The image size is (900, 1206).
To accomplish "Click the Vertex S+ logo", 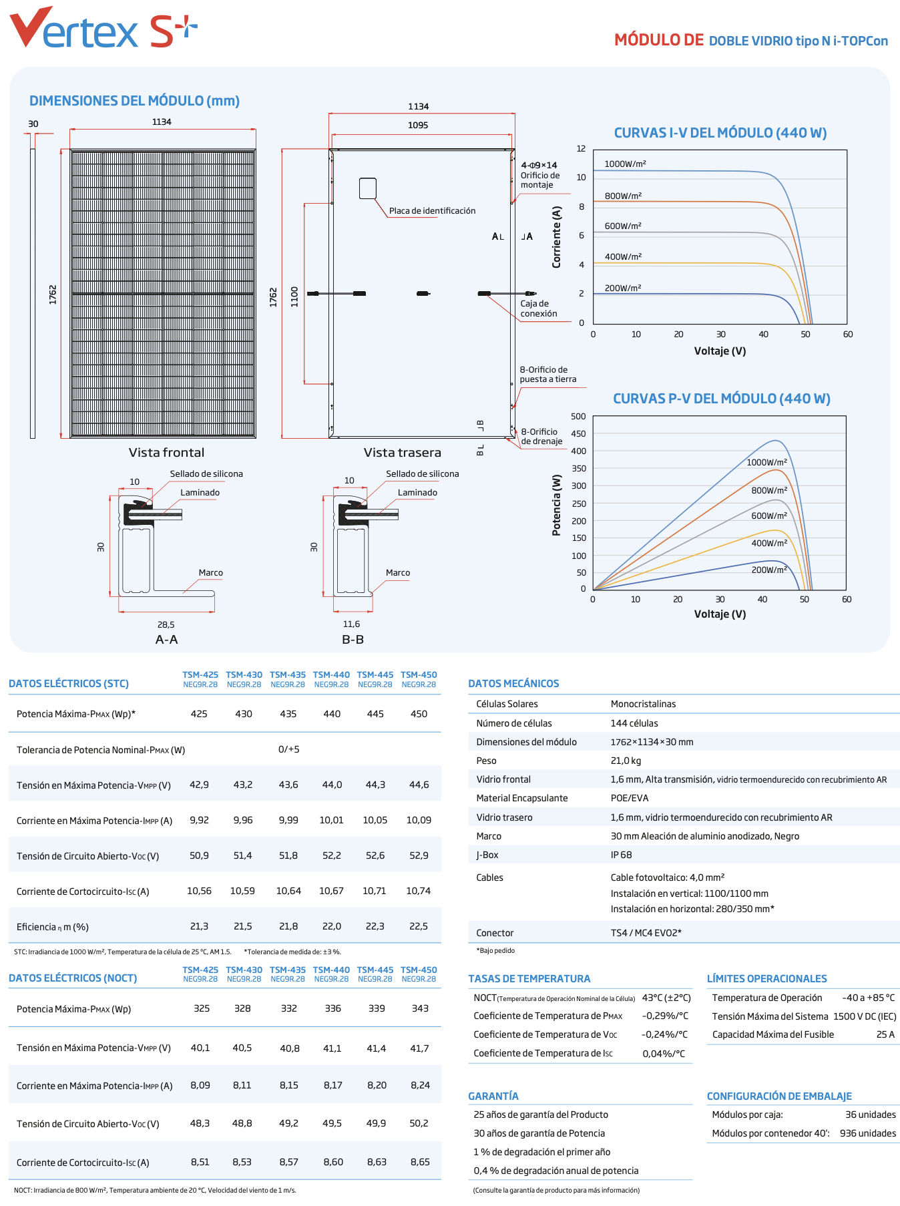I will pyautogui.click(x=103, y=28).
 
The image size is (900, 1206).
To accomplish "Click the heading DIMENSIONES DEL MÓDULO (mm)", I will pyautogui.click(x=134, y=101).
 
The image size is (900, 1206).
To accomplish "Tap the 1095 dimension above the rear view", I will pyautogui.click(x=418, y=126).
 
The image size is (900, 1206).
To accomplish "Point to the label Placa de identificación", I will pyautogui.click(x=432, y=211).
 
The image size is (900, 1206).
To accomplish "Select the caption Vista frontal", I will pyautogui.click(x=166, y=453).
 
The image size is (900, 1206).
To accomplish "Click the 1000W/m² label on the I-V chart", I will pyautogui.click(x=625, y=164).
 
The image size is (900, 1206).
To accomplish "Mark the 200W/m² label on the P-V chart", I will pyautogui.click(x=769, y=570).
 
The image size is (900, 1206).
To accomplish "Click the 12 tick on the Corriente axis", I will pyautogui.click(x=582, y=149).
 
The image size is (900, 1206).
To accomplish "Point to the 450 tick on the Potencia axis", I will pyautogui.click(x=578, y=434).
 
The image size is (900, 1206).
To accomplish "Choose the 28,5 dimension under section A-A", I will pyautogui.click(x=166, y=625).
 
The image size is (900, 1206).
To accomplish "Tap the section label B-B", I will pyautogui.click(x=353, y=640).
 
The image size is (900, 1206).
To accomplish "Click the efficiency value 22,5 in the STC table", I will pyautogui.click(x=419, y=926).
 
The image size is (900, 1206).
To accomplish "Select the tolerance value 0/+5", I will pyautogui.click(x=288, y=749).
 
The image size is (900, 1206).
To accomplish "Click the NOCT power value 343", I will pyautogui.click(x=420, y=1008).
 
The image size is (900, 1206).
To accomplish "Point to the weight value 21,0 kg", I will pyautogui.click(x=626, y=761).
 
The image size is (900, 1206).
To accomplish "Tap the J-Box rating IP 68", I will pyautogui.click(x=621, y=855).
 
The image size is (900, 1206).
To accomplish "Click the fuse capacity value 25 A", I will pyautogui.click(x=885, y=1034).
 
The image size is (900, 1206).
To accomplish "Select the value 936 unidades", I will pyautogui.click(x=868, y=1133).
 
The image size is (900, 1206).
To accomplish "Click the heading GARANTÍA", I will pyautogui.click(x=493, y=1096).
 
